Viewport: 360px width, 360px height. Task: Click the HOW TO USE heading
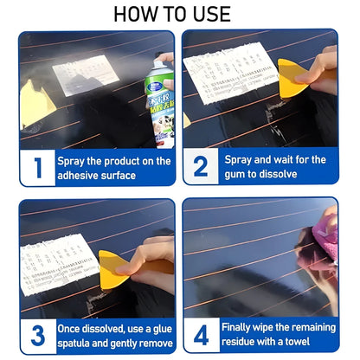(x=179, y=14)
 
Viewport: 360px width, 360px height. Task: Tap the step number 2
(x=201, y=167)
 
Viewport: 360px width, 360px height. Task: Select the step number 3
(x=37, y=335)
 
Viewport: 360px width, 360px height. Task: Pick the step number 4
(x=201, y=335)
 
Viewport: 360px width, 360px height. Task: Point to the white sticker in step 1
(x=85, y=74)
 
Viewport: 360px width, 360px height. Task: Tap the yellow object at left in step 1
(x=34, y=101)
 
